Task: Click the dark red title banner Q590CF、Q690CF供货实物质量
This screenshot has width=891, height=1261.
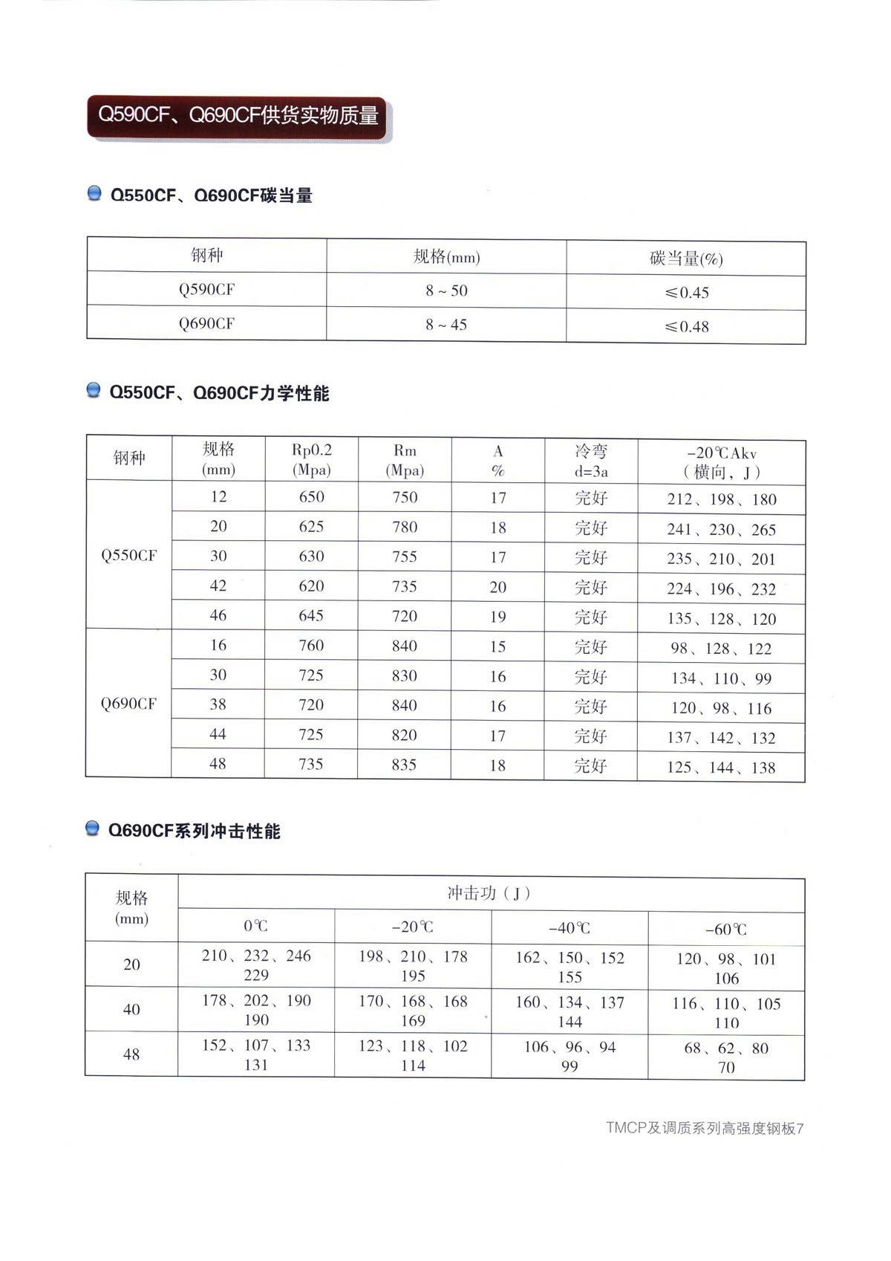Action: pyautogui.click(x=238, y=116)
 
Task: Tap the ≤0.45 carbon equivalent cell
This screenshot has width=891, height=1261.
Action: pyautogui.click(x=687, y=293)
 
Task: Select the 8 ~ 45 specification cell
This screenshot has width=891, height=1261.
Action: pyautogui.click(x=446, y=325)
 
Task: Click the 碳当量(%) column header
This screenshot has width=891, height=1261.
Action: pyautogui.click(x=686, y=259)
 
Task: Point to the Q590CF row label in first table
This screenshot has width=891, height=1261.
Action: pyautogui.click(x=206, y=289)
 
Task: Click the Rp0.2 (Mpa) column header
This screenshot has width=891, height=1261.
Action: pyautogui.click(x=311, y=460)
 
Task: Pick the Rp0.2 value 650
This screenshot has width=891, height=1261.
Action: pyautogui.click(x=311, y=497)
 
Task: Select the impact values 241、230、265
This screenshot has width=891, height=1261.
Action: pyautogui.click(x=721, y=530)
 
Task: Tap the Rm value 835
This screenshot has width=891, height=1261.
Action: pyautogui.click(x=404, y=765)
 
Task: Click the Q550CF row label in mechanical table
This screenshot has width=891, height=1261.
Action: pyautogui.click(x=129, y=555)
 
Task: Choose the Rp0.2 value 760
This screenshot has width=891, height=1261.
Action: pyautogui.click(x=311, y=646)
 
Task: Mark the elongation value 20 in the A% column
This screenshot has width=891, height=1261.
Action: pyautogui.click(x=497, y=587)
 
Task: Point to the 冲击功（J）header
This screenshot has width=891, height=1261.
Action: pyautogui.click(x=490, y=893)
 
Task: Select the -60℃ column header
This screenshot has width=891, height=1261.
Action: pyautogui.click(x=725, y=929)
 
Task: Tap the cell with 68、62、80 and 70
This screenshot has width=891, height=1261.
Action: pyautogui.click(x=725, y=1057)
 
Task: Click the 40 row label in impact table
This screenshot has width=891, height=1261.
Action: pyautogui.click(x=131, y=1010)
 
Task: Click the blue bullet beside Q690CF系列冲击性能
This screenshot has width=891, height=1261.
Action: pyautogui.click(x=94, y=829)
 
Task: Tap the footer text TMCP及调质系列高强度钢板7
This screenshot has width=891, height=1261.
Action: pyautogui.click(x=704, y=1128)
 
